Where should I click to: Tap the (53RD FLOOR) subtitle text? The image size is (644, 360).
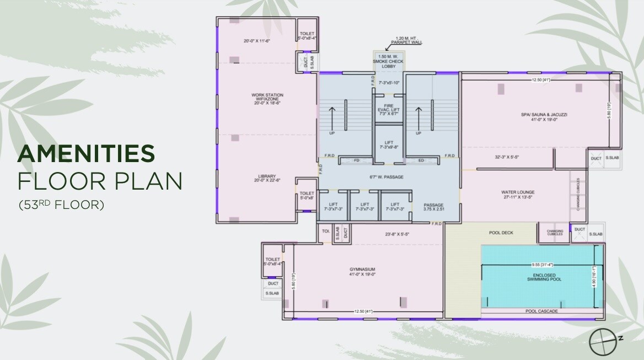(61, 205)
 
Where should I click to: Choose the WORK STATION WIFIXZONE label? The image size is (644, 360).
(267, 99)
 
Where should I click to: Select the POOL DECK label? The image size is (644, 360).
(501, 233)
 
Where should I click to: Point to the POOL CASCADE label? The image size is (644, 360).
(541, 311)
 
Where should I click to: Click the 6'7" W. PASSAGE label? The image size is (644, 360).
(387, 177)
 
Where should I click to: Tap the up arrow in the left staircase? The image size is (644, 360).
(331, 117)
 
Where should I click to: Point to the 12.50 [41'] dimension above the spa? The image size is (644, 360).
(542, 80)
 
